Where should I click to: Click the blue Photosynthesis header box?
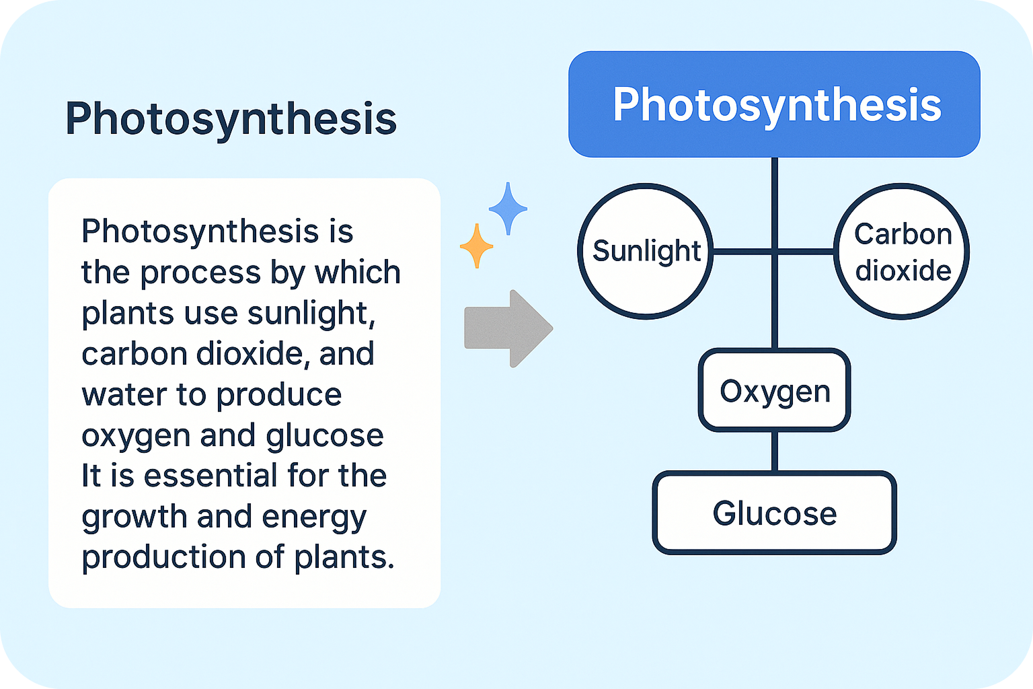tap(774, 104)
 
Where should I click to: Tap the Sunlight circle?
tap(646, 251)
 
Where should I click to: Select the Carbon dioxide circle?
tap(902, 252)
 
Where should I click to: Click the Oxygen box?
tap(775, 391)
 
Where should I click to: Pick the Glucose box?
tap(775, 513)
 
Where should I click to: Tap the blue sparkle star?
tap(508, 209)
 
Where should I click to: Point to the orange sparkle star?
tap(476, 246)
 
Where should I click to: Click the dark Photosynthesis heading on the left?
tap(231, 119)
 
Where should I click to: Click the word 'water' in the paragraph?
tap(124, 395)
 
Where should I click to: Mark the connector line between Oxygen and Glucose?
tap(775, 451)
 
